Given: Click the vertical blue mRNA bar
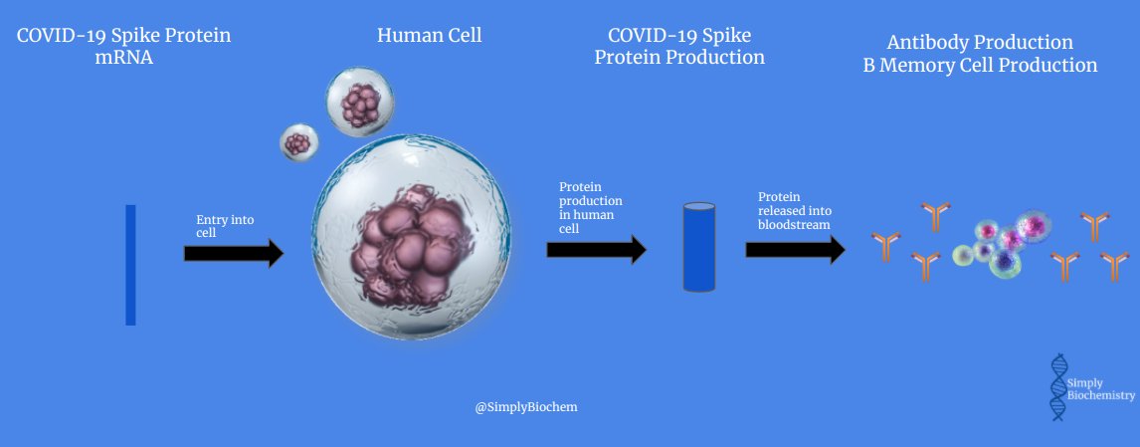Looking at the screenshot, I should pos(130,265).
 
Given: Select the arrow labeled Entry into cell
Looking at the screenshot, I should pos(234,254).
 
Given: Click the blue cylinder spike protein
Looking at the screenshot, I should pos(699,246).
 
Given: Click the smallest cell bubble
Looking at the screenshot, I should pos(297,143).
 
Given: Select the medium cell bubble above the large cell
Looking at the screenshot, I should pos(360,102).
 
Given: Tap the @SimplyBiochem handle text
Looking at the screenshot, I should pos(526,407).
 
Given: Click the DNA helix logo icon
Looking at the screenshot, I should pos(1058,387).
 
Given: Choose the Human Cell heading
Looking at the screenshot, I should pos(429,36).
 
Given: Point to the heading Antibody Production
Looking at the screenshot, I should pos(980,43).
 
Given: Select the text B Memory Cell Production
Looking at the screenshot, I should pos(980,66).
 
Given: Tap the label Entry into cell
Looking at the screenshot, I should pos(220,226).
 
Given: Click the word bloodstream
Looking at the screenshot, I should pos(795,225).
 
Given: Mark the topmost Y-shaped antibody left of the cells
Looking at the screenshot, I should pos(935,215).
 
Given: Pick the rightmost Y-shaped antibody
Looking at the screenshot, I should pos(1115,266).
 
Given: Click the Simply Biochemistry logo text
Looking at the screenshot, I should pos(1099,388).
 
